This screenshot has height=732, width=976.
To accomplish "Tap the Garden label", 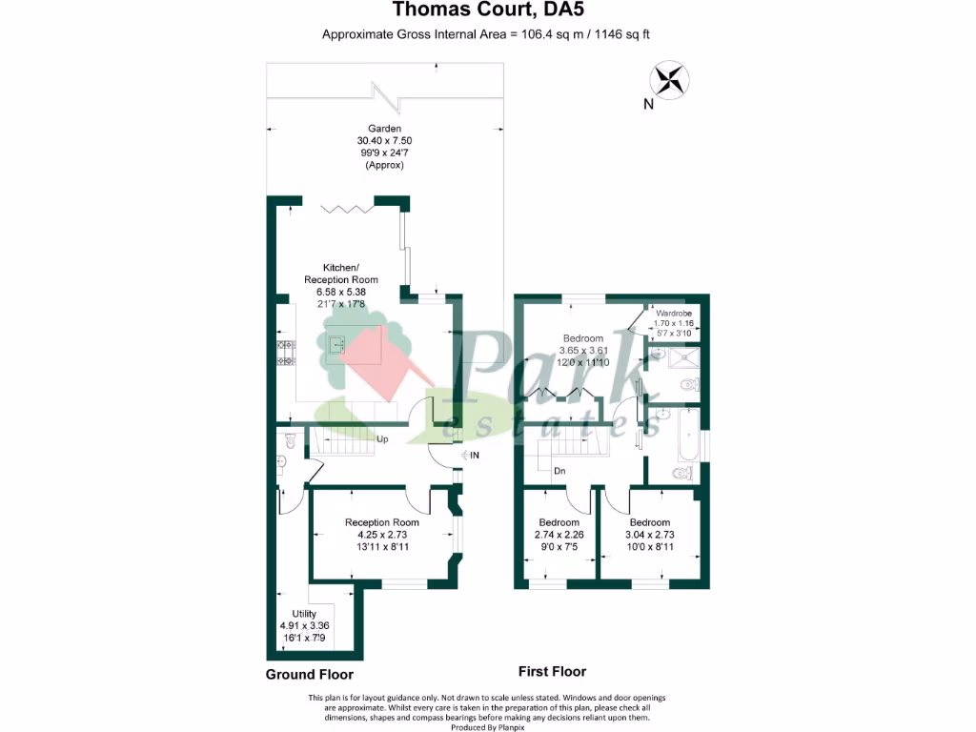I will pyautogui.click(x=385, y=129).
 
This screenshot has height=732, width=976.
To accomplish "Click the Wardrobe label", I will pyautogui.click(x=673, y=314).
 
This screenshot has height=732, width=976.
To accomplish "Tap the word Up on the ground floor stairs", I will pyautogui.click(x=382, y=440).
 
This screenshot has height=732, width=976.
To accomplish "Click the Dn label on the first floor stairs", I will pyautogui.click(x=559, y=471).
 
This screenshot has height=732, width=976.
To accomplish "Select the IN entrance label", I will pyautogui.click(x=474, y=457).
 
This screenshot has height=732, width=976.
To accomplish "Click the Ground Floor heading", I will pyautogui.click(x=310, y=675).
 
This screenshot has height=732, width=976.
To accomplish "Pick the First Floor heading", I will pyautogui.click(x=552, y=671).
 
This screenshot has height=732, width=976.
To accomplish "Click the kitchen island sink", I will pyautogui.click(x=336, y=343).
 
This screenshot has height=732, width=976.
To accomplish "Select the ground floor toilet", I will pyautogui.click(x=289, y=439).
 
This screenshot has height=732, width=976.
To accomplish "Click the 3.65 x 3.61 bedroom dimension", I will pyautogui.click(x=582, y=351).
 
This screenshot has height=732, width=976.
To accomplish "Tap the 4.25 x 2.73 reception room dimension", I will pyautogui.click(x=381, y=535).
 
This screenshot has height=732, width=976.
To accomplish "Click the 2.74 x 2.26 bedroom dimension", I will pyautogui.click(x=559, y=535).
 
